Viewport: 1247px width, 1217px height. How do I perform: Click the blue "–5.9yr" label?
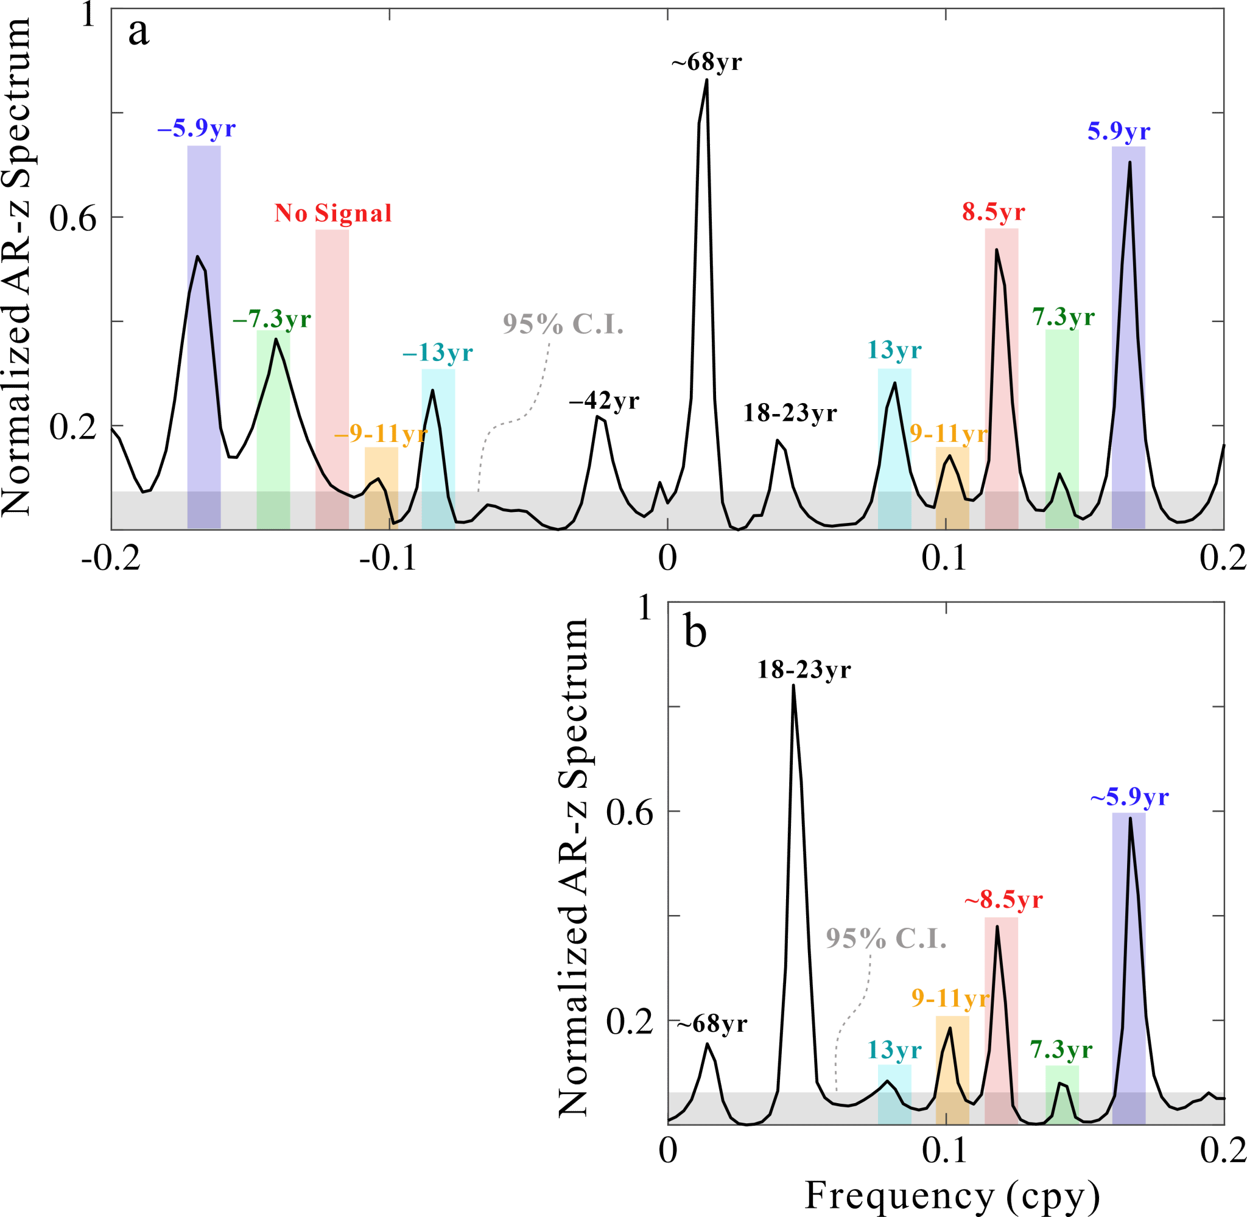click(196, 129)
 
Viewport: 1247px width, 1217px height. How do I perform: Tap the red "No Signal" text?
click(332, 214)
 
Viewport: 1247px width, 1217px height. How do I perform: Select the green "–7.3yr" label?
click(272, 318)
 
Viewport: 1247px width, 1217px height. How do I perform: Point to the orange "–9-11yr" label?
click(381, 434)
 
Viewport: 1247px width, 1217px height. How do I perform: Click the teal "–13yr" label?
click(437, 353)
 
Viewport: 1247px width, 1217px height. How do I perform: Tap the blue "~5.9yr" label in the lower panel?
click(1129, 798)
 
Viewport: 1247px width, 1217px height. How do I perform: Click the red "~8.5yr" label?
click(1003, 900)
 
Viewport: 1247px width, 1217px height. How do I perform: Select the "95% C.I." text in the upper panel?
click(563, 324)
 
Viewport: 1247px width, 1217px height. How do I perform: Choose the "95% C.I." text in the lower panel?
click(885, 938)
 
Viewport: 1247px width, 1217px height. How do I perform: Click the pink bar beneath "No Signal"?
click(332, 358)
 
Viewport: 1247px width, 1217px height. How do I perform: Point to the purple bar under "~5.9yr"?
click(1128, 959)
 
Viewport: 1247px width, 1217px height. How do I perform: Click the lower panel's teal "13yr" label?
click(894, 1050)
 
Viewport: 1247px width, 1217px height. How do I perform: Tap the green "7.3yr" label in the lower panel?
click(1061, 1050)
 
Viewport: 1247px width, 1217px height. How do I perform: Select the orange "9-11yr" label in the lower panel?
click(950, 998)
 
